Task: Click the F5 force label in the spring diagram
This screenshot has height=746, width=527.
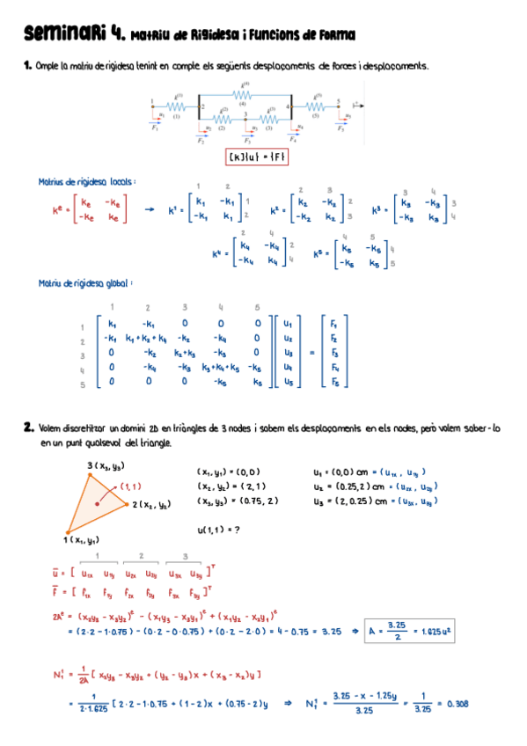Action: [340, 128]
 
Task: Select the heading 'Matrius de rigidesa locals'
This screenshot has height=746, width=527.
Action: [86, 182]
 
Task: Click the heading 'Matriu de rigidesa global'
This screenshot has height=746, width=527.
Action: [85, 283]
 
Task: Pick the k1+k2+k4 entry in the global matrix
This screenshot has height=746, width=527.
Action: [146, 338]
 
